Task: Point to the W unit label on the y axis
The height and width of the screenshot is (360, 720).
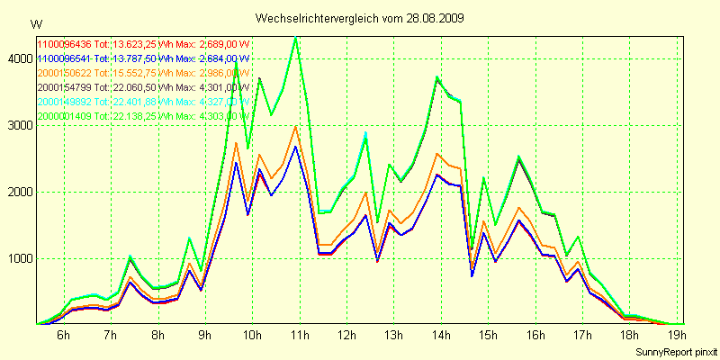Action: [35, 23]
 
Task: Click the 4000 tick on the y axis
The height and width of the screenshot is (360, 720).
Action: [17, 58]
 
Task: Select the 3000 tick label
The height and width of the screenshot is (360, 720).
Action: [17, 125]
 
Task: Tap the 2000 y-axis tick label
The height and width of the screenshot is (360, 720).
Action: [17, 192]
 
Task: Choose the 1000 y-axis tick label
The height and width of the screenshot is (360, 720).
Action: [17, 258]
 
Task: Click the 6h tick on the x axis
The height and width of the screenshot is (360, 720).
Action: [63, 335]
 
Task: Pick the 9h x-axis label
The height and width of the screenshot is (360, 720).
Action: [204, 335]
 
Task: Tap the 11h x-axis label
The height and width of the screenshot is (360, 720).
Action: [300, 335]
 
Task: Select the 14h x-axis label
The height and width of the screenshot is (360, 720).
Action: [441, 335]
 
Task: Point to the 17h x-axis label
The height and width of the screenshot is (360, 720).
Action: [582, 335]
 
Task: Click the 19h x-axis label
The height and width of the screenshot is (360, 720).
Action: [677, 335]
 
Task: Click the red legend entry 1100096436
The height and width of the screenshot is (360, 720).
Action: [64, 44]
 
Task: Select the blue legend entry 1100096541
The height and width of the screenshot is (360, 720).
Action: [64, 58]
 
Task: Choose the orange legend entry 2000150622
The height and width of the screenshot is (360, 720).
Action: [64, 73]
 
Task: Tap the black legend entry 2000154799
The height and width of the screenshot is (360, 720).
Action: [64, 87]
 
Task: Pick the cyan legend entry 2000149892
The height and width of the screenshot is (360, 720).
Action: [64, 102]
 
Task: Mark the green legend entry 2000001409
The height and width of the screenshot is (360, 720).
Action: [64, 116]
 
